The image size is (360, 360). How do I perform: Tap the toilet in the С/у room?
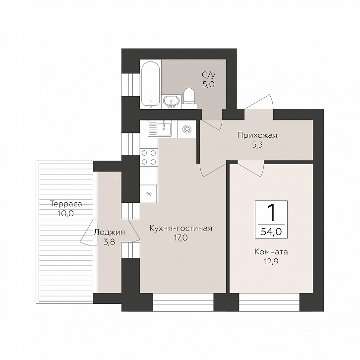point(189,96)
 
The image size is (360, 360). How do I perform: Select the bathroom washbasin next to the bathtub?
point(171,102)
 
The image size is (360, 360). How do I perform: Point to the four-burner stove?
point(149,157)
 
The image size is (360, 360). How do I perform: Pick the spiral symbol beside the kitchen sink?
point(186,129)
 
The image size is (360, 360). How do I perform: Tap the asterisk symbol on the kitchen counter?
point(149,194)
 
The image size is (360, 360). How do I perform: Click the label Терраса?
point(66,204)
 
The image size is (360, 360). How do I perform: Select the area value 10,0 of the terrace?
point(65,214)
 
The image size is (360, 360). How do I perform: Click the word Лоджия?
point(109,233)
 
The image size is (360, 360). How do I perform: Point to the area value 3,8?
point(109,242)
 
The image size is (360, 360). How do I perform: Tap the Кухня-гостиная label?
point(181,229)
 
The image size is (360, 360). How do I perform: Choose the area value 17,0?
point(180,238)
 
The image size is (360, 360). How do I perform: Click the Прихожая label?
point(257,135)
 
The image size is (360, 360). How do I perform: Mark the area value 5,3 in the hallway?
point(257,145)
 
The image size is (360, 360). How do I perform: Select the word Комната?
point(271,252)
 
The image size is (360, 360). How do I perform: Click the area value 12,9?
point(271,262)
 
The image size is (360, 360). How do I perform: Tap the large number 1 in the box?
point(272,213)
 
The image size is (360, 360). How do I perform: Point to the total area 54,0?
point(271,232)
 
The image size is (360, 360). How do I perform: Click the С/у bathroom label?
point(208,74)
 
